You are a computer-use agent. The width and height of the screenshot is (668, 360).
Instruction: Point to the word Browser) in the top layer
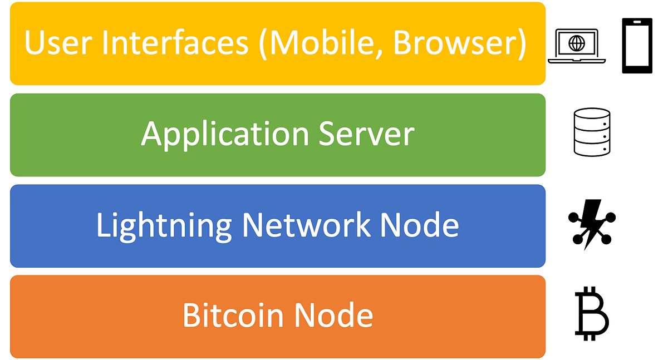(x=460, y=44)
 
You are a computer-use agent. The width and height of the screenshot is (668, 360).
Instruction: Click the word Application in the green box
(x=225, y=135)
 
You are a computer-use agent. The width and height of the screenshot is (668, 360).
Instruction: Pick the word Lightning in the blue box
(x=164, y=226)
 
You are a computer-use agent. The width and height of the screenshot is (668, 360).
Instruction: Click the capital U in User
(x=34, y=44)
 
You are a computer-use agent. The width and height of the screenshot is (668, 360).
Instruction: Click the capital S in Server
(x=329, y=134)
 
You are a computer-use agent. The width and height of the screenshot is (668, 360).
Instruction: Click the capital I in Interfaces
(x=104, y=44)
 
